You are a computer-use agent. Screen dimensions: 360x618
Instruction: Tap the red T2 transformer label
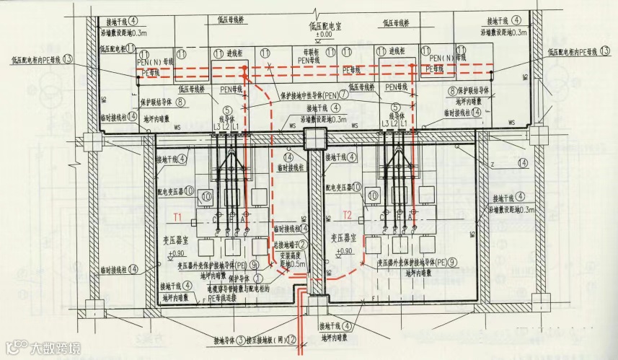click(x=347, y=215)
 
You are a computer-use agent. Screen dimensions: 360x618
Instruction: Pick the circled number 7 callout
click(x=344, y=95)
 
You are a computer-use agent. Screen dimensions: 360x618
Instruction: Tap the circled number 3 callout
click(x=243, y=341)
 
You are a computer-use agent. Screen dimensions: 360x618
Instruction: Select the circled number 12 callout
click(x=291, y=341)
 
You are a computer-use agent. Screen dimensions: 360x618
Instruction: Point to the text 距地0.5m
click(x=293, y=264)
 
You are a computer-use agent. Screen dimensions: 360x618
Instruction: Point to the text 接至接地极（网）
click(x=267, y=341)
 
